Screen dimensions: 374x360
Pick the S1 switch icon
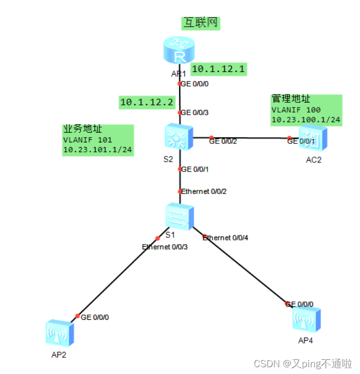pos(180,216)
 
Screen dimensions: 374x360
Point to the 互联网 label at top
pos(201,23)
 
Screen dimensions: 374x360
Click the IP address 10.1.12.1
pos(218,69)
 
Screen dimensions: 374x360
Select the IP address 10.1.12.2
pos(146,102)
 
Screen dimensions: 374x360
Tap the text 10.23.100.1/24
pos(306,119)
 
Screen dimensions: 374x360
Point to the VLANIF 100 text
pos(296,110)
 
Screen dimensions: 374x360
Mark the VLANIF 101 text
pos(87,139)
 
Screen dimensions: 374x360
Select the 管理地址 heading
pos(291,99)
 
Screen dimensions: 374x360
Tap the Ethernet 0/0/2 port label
pos(204,191)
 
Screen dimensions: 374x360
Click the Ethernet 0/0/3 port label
pos(165,247)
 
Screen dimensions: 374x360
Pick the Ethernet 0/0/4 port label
pos(226,238)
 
